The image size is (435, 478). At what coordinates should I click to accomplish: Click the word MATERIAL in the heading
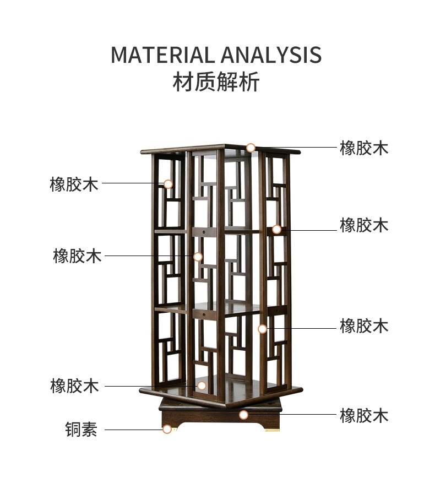click(163, 55)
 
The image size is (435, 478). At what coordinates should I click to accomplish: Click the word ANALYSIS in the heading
click(271, 55)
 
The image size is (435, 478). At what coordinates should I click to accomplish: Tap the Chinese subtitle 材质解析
click(216, 82)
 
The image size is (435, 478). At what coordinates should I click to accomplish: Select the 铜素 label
click(81, 429)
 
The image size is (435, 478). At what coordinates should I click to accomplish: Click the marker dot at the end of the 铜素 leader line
click(167, 429)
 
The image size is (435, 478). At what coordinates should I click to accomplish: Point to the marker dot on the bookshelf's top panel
click(251, 148)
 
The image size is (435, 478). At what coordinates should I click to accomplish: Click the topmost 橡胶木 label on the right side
click(364, 148)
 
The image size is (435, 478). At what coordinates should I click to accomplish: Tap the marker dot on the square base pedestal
click(243, 415)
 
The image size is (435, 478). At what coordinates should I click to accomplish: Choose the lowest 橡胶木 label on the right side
click(364, 415)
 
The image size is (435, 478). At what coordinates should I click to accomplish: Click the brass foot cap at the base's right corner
click(271, 430)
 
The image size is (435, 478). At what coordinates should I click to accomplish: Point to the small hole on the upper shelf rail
click(204, 232)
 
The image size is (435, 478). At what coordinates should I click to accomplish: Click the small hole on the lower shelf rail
click(204, 314)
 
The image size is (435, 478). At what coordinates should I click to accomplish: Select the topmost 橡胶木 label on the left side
click(74, 184)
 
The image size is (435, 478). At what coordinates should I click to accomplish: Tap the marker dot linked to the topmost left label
click(168, 184)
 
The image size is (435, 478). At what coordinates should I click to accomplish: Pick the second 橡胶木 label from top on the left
click(77, 256)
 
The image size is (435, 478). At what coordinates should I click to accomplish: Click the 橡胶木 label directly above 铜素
click(74, 385)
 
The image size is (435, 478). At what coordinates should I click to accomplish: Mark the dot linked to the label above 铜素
click(202, 385)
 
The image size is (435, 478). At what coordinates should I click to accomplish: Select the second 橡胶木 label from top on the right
click(364, 225)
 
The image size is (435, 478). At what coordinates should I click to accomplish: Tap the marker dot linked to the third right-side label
click(262, 329)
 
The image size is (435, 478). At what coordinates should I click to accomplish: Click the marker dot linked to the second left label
click(198, 257)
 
